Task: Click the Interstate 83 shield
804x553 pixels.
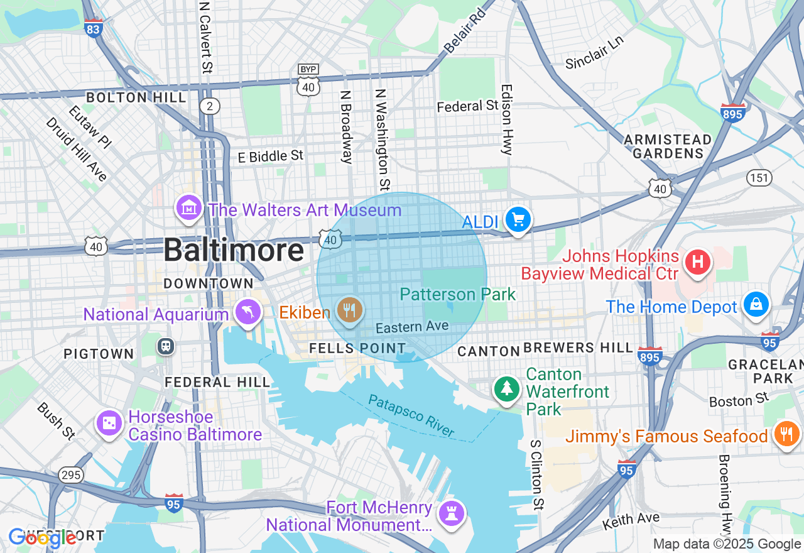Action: click(x=94, y=28)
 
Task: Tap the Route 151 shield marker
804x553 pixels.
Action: click(x=759, y=178)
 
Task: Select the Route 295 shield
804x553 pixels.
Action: click(x=71, y=474)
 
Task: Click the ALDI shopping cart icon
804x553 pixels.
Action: click(x=518, y=221)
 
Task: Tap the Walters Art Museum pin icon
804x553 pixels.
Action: click(x=188, y=208)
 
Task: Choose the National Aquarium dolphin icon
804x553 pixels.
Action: click(x=248, y=312)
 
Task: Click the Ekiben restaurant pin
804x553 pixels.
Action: click(x=349, y=310)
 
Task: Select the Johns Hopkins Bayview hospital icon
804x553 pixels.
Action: click(x=698, y=261)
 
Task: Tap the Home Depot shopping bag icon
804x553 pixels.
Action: click(x=756, y=305)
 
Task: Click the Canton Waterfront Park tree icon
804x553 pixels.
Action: click(x=506, y=388)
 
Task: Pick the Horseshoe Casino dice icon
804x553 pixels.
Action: click(x=109, y=424)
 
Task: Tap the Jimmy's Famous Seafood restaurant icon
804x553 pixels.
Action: click(x=786, y=434)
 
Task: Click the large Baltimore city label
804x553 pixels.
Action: click(x=234, y=251)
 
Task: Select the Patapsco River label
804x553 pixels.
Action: click(x=411, y=416)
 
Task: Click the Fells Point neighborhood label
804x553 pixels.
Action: click(x=357, y=348)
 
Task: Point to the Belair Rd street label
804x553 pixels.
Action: click(x=465, y=31)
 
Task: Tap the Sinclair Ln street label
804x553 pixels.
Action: click(x=594, y=52)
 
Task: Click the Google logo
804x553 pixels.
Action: click(x=42, y=538)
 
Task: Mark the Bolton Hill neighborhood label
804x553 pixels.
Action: click(x=136, y=97)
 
